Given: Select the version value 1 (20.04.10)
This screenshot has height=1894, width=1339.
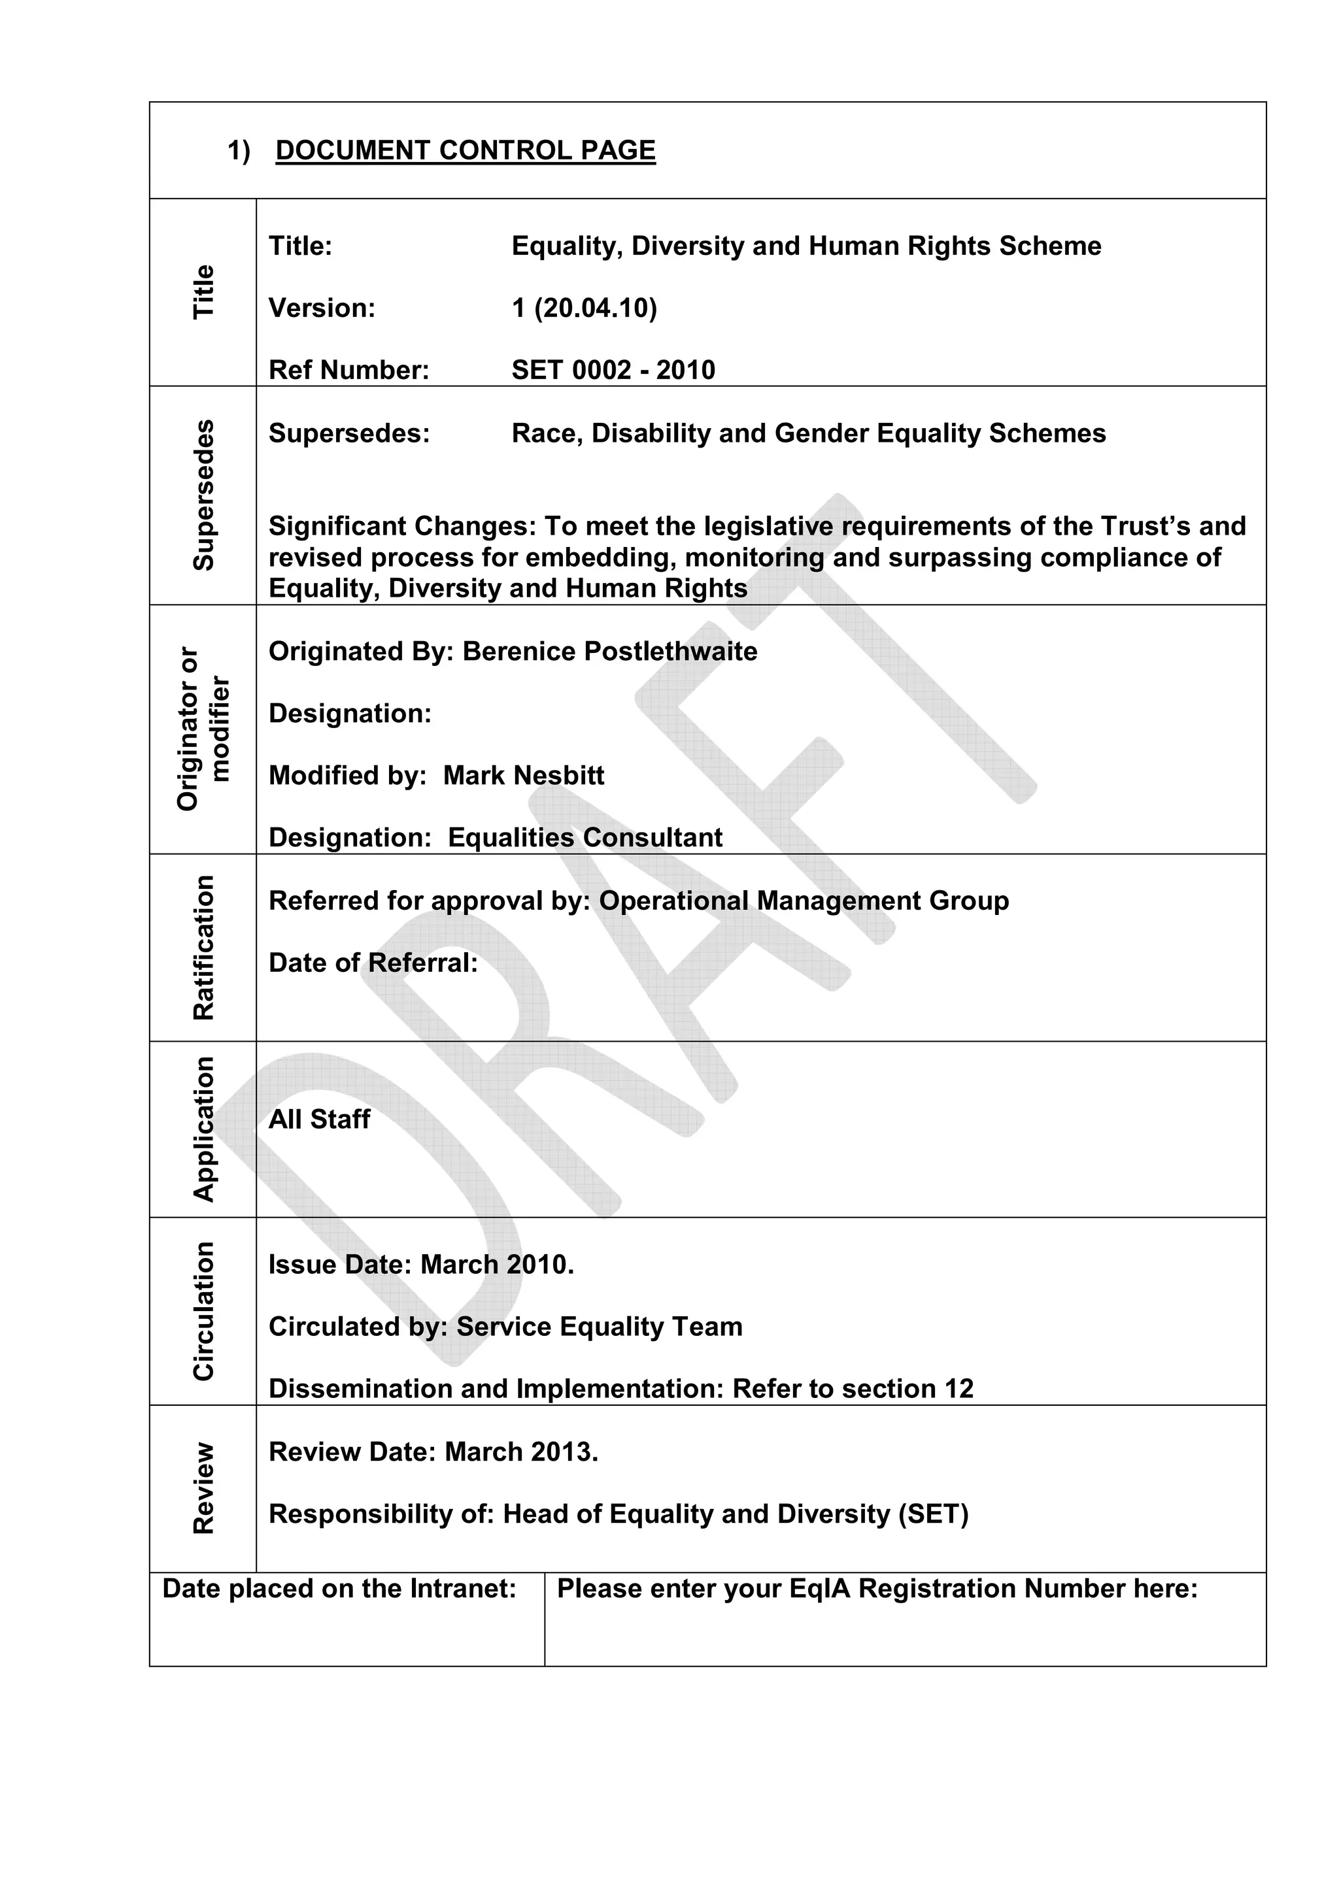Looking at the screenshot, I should [x=584, y=308].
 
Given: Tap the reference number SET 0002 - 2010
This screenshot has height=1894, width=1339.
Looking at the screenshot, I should [x=613, y=369].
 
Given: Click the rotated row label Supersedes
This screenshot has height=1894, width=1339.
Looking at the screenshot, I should [x=204, y=495].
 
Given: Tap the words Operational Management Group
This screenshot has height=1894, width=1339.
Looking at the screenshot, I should [x=803, y=900].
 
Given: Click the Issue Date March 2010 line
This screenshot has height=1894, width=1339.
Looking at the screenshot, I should [x=421, y=1264].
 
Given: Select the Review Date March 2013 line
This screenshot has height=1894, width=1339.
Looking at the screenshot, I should [x=433, y=1451].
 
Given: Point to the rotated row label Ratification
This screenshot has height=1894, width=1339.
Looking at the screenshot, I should [x=204, y=947].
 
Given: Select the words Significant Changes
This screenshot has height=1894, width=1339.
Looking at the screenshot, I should [x=402, y=525].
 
